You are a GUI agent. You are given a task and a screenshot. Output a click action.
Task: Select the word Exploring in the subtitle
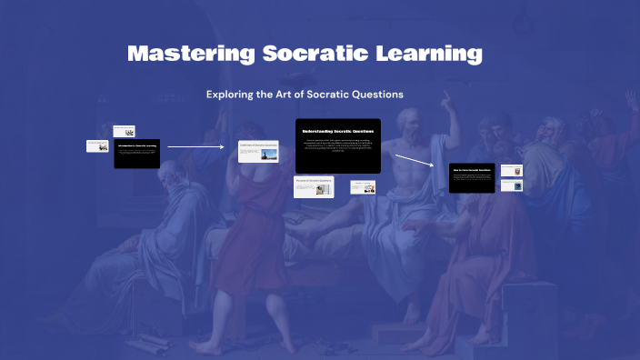(x=231, y=94)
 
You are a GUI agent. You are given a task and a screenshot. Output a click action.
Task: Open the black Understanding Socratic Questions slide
(x=337, y=145)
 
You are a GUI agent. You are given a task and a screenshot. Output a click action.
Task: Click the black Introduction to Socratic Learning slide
(x=136, y=153)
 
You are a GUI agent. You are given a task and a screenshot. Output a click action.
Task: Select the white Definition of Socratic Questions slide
(x=258, y=151)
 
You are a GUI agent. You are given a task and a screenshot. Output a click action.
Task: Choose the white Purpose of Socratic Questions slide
(x=314, y=185)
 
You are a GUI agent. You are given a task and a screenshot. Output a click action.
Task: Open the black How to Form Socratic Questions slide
(x=472, y=177)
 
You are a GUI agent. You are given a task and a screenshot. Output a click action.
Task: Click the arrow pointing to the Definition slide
(x=195, y=145)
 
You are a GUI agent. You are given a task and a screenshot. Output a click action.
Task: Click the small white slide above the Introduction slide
(x=124, y=131)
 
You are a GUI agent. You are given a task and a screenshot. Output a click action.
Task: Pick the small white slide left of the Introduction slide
(x=98, y=145)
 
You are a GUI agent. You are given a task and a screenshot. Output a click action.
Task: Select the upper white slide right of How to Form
(x=512, y=170)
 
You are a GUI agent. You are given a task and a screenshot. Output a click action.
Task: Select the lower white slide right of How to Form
(x=512, y=185)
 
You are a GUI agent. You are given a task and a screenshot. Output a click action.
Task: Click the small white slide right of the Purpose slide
(x=363, y=186)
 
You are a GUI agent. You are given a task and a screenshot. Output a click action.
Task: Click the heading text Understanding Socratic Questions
(x=337, y=131)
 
